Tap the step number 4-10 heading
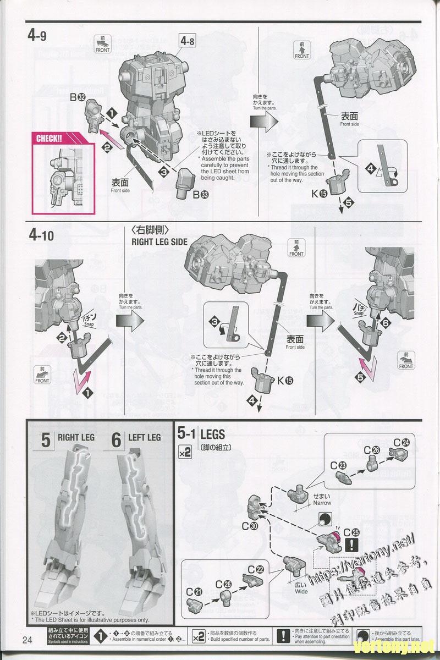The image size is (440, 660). [41, 235]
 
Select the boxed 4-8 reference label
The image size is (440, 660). [187, 40]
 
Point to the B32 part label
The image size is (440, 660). [91, 98]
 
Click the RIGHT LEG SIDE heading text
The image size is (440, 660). [159, 241]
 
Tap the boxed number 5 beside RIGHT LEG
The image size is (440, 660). [46, 440]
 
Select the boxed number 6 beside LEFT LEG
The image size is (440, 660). [116, 440]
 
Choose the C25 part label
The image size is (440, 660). [351, 532]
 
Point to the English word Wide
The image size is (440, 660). [301, 592]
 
